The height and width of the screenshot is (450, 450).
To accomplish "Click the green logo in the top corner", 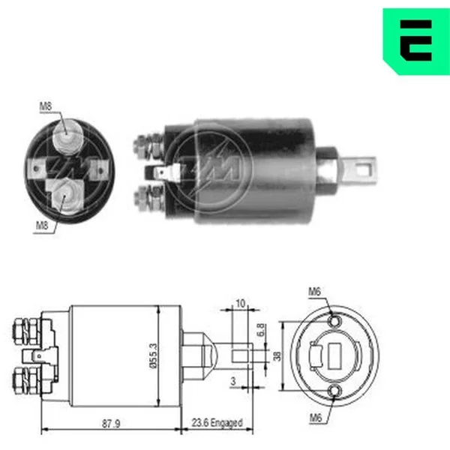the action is point(416,41).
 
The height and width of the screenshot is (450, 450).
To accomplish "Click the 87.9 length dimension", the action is point(111,424).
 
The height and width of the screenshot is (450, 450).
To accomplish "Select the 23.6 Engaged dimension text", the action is point(217,423).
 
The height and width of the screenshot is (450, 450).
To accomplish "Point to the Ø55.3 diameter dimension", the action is point(154,355).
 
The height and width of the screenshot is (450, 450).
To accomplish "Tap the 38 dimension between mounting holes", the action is point(277,355).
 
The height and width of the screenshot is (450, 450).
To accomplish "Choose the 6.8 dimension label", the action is point(260,330).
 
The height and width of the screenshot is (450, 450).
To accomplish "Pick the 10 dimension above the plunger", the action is point(241,303).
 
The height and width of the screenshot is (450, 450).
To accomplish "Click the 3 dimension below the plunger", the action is point(233,381).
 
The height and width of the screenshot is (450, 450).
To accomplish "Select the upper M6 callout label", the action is point(314,292).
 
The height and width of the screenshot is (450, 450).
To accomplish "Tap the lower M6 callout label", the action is point(316,418).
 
